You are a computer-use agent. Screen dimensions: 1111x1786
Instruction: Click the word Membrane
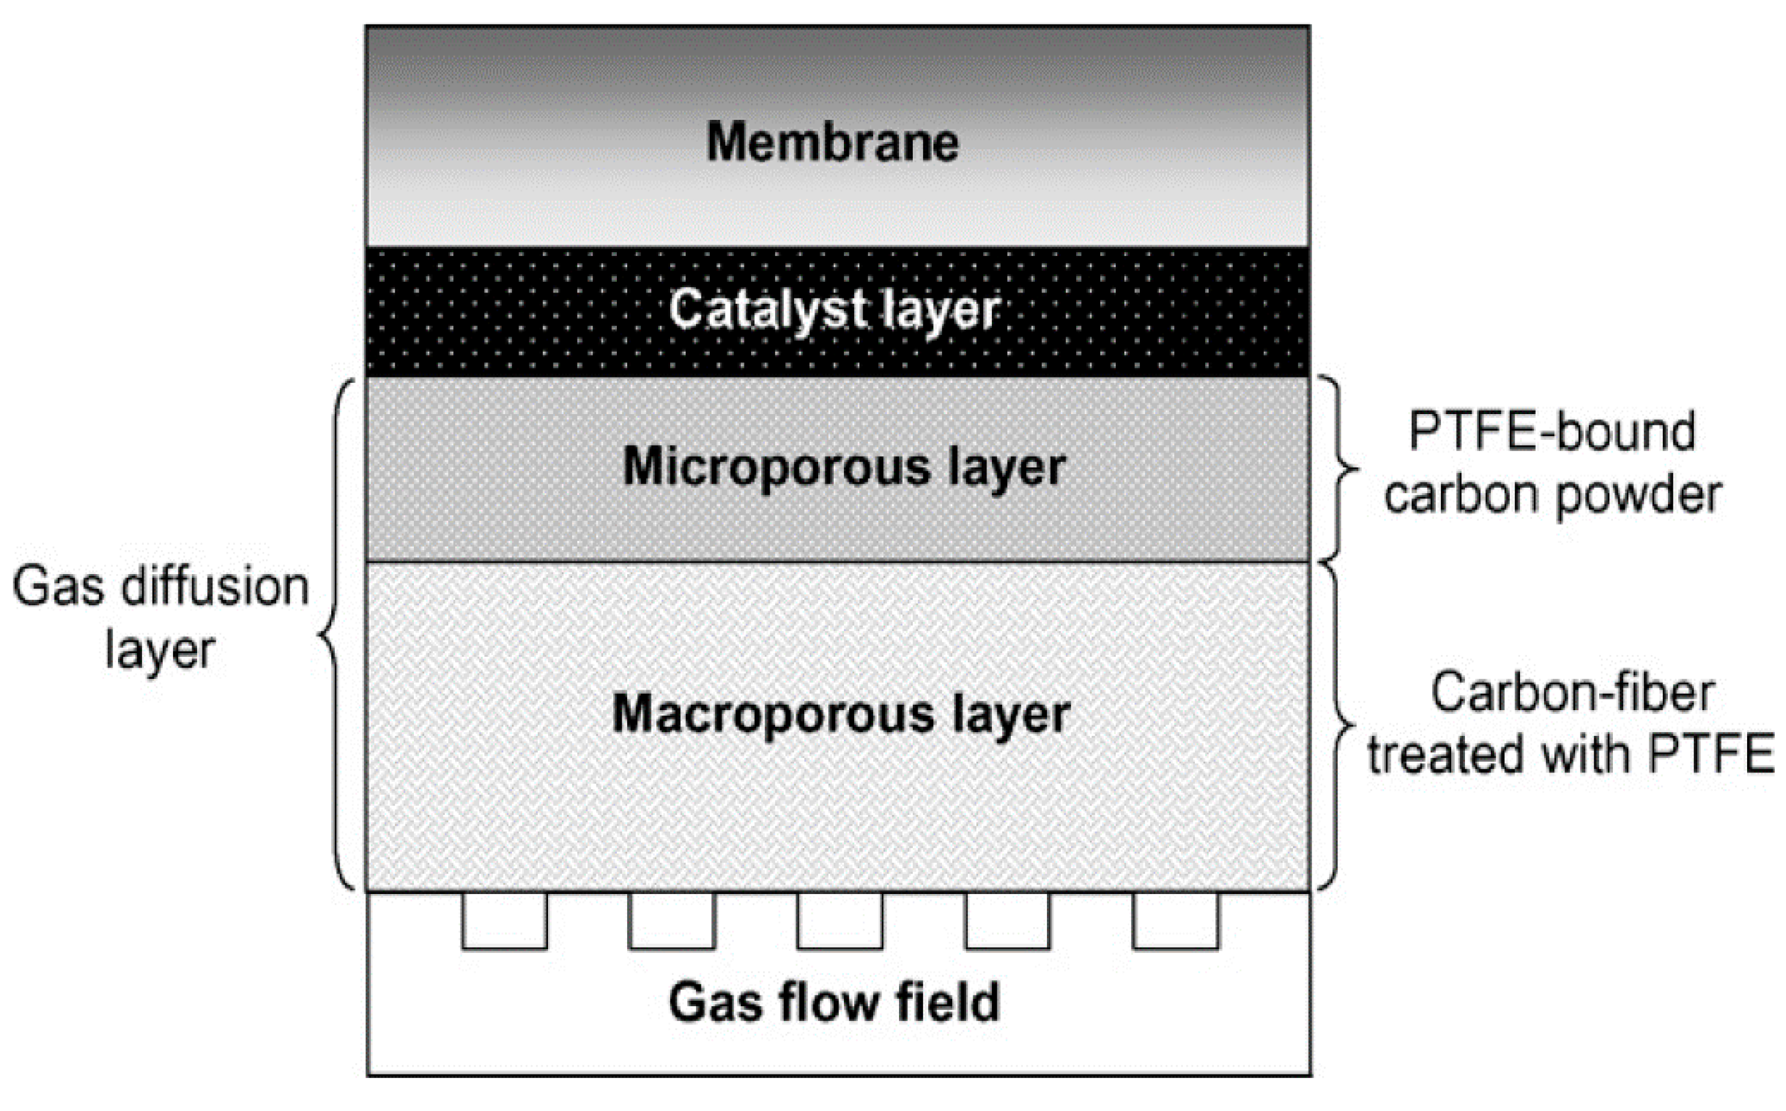pyautogui.click(x=832, y=142)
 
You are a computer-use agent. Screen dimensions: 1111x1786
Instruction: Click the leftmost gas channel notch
pyautogui.click(x=504, y=920)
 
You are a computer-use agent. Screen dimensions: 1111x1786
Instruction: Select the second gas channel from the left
pyautogui.click(x=672, y=920)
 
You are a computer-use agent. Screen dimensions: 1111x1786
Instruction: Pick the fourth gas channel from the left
pyautogui.click(x=1007, y=920)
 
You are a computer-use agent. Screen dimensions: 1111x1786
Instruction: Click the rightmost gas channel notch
pyautogui.click(x=1176, y=920)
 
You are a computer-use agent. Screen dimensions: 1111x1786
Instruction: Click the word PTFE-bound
pyautogui.click(x=1552, y=432)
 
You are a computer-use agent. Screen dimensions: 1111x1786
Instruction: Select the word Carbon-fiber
pyautogui.click(x=1572, y=693)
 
